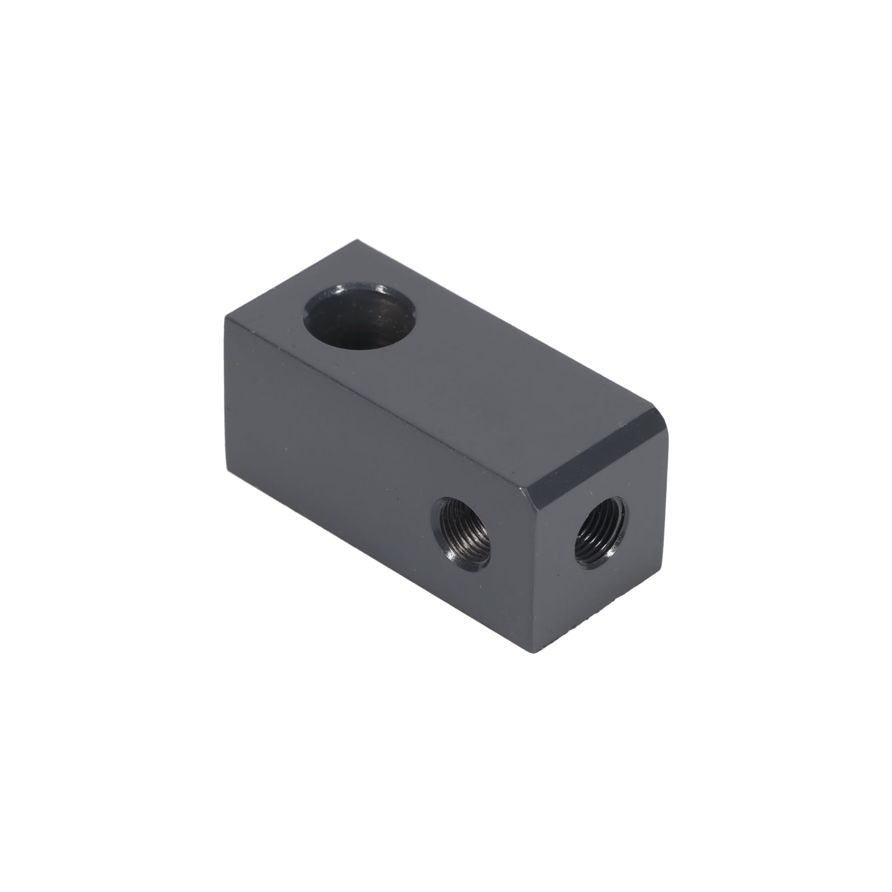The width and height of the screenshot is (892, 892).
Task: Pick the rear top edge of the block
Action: [x=508, y=328]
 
